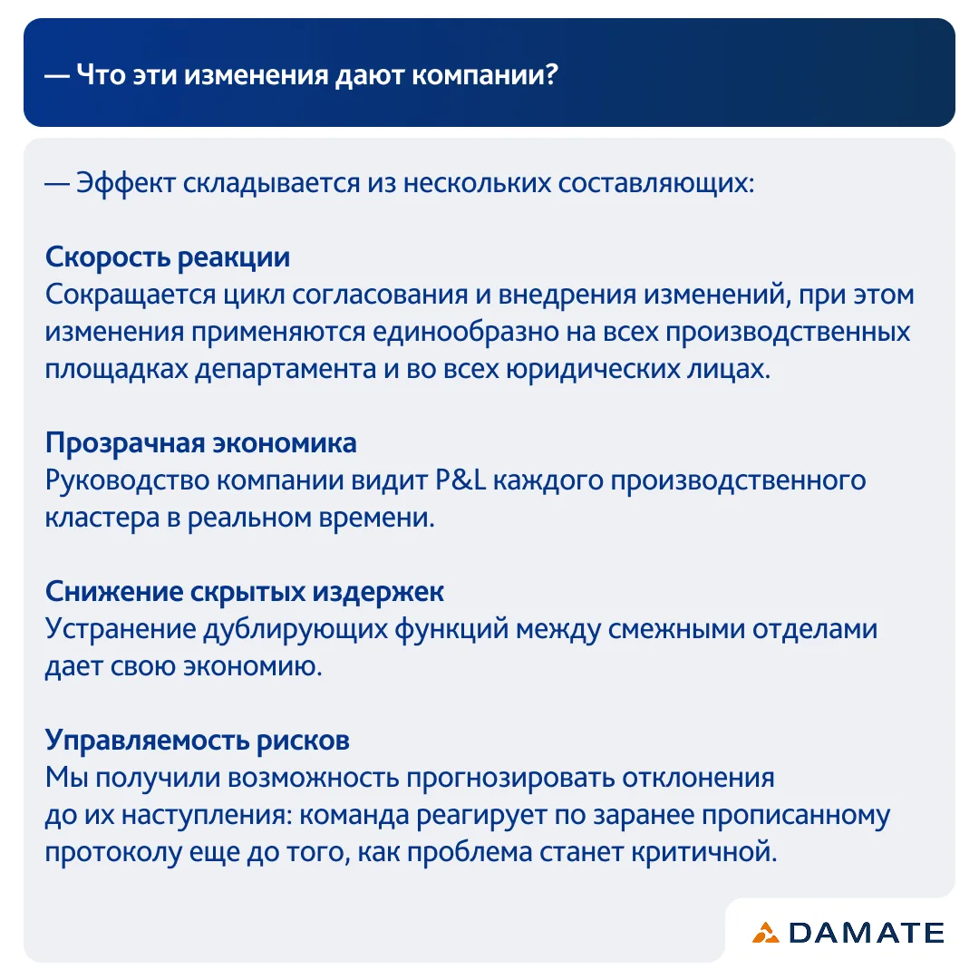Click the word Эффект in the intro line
pyautogui.click(x=125, y=183)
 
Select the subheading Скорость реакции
pyautogui.click(x=168, y=257)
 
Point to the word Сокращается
pyautogui.click(x=131, y=295)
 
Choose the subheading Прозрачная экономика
pyautogui.click(x=200, y=443)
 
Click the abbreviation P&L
pyautogui.click(x=460, y=480)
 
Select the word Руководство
pyautogui.click(x=127, y=480)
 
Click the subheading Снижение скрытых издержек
pyautogui.click(x=244, y=592)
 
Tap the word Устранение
pyautogui.click(x=121, y=629)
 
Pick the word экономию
pyautogui.click(x=253, y=667)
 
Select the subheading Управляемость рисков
pyautogui.click(x=197, y=741)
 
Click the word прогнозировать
pyautogui.click(x=510, y=779)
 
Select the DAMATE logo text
pyautogui.click(x=866, y=933)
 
